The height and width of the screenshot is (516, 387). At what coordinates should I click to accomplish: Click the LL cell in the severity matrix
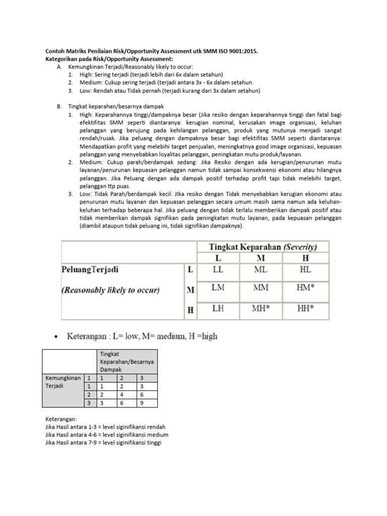click(218, 270)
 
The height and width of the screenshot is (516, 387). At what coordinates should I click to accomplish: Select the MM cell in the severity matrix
click(260, 288)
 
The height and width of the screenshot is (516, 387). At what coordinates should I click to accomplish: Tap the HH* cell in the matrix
click(306, 307)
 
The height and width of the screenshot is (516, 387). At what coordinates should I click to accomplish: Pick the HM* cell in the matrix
click(306, 288)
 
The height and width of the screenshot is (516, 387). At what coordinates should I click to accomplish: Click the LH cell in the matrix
click(218, 307)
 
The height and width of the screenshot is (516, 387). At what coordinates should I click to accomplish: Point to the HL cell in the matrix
click(305, 270)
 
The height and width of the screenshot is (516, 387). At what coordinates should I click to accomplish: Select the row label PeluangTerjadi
click(91, 269)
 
